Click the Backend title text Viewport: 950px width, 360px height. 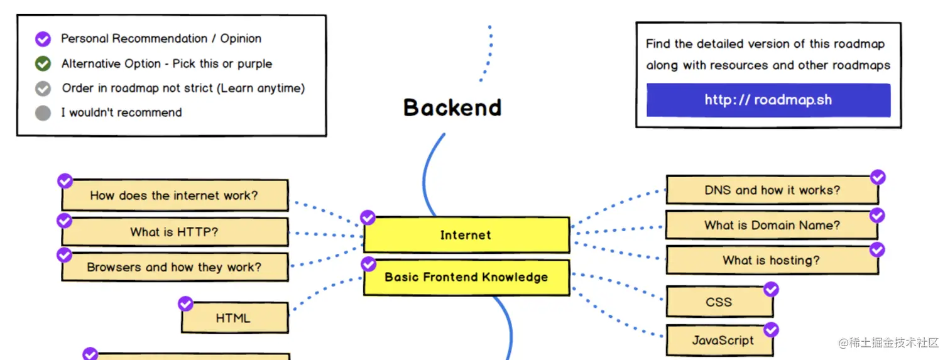tap(452, 107)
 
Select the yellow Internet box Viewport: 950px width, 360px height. tap(466, 235)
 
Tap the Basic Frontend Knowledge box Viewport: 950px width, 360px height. tap(466, 277)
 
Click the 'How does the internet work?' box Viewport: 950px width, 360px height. tap(174, 195)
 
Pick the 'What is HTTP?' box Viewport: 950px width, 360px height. tap(174, 232)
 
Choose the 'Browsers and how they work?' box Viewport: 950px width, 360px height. tap(174, 267)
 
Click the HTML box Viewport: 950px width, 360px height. tap(234, 318)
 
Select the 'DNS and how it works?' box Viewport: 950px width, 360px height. tap(772, 190)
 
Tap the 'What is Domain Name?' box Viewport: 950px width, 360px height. tap(772, 225)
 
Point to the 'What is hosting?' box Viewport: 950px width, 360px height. tap(772, 260)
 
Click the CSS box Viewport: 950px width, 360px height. tap(719, 302)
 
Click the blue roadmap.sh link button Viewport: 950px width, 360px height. tap(768, 101)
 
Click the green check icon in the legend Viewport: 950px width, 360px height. tap(43, 63)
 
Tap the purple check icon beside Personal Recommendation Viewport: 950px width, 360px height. tap(43, 39)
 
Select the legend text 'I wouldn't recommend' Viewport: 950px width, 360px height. tap(121, 113)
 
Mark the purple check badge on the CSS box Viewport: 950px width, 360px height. tap(771, 289)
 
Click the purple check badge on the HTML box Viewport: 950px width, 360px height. tap(185, 304)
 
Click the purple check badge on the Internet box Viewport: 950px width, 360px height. tap(368, 218)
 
